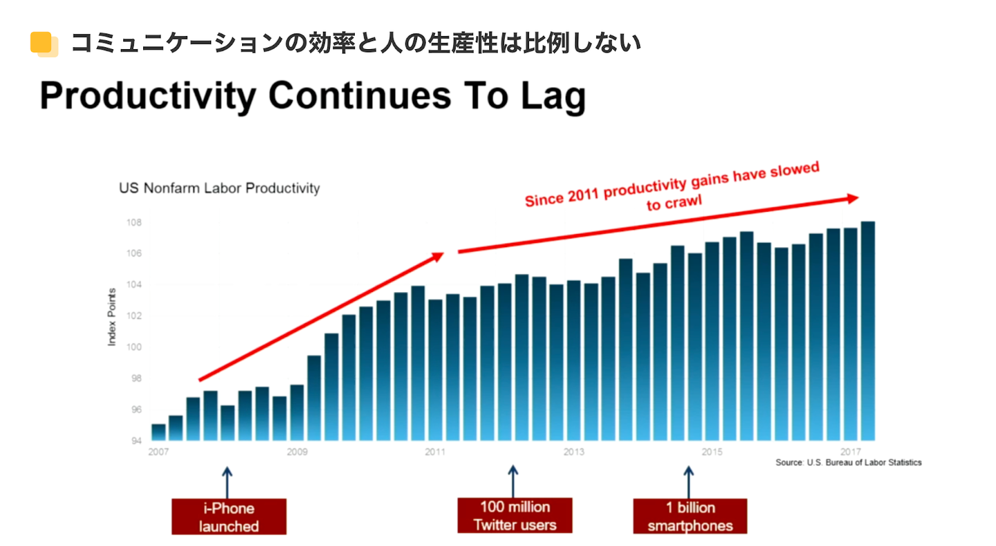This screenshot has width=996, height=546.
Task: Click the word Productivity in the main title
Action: pos(147,96)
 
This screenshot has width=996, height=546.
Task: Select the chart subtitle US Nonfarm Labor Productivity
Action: pos(219,188)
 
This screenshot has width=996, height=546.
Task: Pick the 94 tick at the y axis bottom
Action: pos(136,441)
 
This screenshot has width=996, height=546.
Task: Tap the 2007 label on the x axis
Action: pos(159,453)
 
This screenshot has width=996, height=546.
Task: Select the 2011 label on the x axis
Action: pos(435,453)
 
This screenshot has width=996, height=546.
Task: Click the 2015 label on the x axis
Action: pos(712,453)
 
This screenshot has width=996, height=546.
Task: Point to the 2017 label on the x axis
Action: pos(850,453)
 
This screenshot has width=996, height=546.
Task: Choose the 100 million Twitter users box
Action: pos(515,516)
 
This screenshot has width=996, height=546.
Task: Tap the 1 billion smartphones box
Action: pos(689,516)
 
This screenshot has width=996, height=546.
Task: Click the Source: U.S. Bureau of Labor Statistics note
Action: pos(848,462)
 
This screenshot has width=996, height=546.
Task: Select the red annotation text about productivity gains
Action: pos(671,190)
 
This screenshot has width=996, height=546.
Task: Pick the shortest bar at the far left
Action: pos(158,433)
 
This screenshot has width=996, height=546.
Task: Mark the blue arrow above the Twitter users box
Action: pos(513,479)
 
